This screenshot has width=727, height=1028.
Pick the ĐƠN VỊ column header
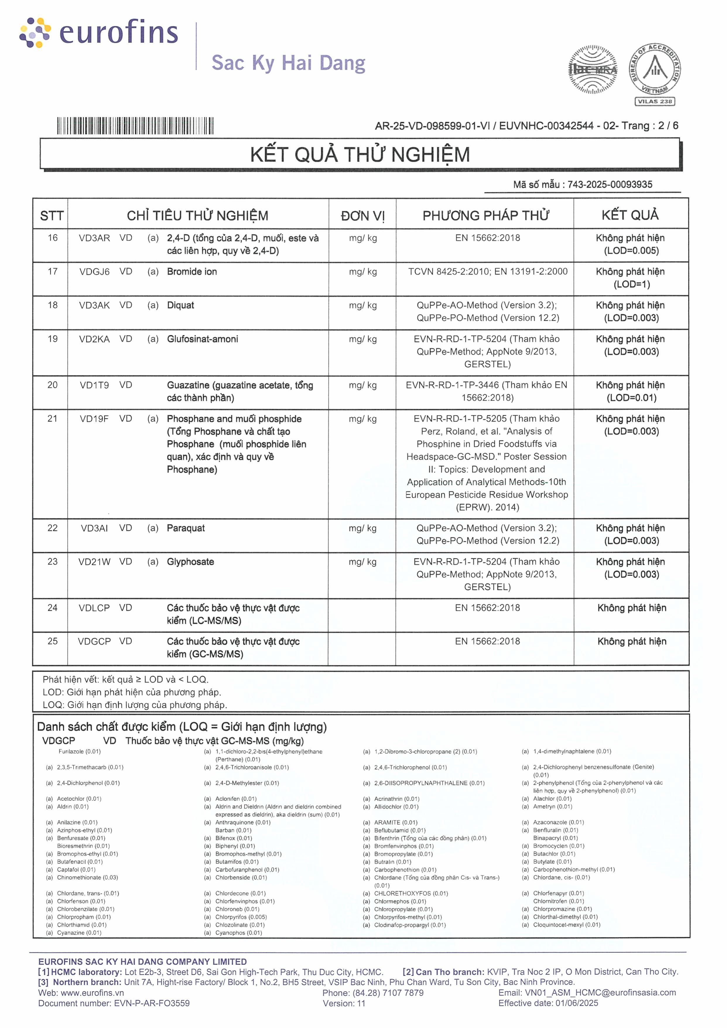click(x=362, y=216)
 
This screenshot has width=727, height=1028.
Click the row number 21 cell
click(x=52, y=419)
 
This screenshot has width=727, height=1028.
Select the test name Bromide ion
click(x=191, y=272)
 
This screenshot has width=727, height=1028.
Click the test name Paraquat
click(x=185, y=528)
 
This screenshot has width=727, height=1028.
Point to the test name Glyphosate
click(x=190, y=562)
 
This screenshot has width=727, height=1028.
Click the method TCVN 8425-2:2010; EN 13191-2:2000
click(x=487, y=272)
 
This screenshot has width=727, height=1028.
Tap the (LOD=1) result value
click(x=631, y=284)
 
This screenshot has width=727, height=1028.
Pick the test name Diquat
click(x=180, y=305)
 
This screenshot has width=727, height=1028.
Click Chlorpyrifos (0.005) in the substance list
click(x=241, y=917)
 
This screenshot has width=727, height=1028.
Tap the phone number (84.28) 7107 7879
click(x=388, y=993)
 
